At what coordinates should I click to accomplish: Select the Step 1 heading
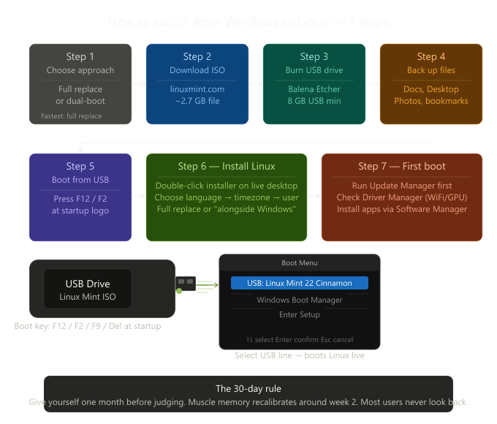[80, 56]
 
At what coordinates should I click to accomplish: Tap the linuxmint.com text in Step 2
[197, 88]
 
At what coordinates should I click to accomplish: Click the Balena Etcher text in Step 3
[314, 88]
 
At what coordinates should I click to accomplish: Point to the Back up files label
[431, 70]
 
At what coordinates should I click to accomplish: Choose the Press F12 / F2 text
[80, 199]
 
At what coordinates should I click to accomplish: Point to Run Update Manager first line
[402, 186]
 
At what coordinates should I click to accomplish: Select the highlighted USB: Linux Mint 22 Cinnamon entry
[300, 283]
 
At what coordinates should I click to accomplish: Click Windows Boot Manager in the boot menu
[300, 300]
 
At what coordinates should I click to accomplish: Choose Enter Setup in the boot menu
[300, 314]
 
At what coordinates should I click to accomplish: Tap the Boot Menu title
[300, 262]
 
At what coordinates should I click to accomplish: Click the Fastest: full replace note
[71, 116]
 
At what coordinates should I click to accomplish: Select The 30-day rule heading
[248, 388]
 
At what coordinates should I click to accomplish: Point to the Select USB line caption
[300, 355]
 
